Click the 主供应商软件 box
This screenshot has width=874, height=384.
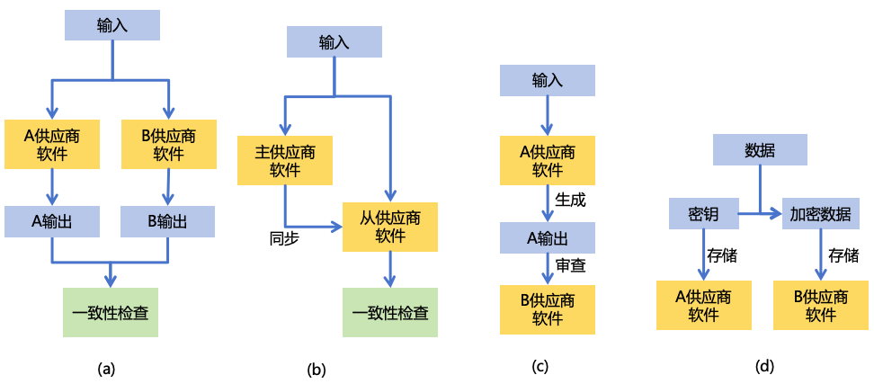click(x=284, y=160)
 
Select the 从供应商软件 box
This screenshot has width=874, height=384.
click(x=390, y=226)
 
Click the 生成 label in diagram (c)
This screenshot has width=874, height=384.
click(x=570, y=199)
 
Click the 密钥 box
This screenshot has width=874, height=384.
click(x=703, y=214)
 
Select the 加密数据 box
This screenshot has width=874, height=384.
click(x=819, y=214)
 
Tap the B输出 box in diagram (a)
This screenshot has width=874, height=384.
click(x=168, y=221)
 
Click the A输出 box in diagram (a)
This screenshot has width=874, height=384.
click(x=51, y=221)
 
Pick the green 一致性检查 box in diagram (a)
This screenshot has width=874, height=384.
click(x=111, y=312)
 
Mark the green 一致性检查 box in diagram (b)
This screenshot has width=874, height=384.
click(x=390, y=312)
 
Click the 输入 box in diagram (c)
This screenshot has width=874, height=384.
click(x=547, y=80)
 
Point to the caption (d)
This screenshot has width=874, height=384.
click(x=764, y=366)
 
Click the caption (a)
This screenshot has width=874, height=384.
click(x=106, y=368)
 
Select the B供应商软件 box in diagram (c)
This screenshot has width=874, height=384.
click(x=547, y=308)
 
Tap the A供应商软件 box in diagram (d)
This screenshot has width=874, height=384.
click(x=703, y=306)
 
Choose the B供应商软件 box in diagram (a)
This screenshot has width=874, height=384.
click(x=168, y=144)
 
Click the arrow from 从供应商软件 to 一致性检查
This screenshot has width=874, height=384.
click(x=390, y=268)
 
